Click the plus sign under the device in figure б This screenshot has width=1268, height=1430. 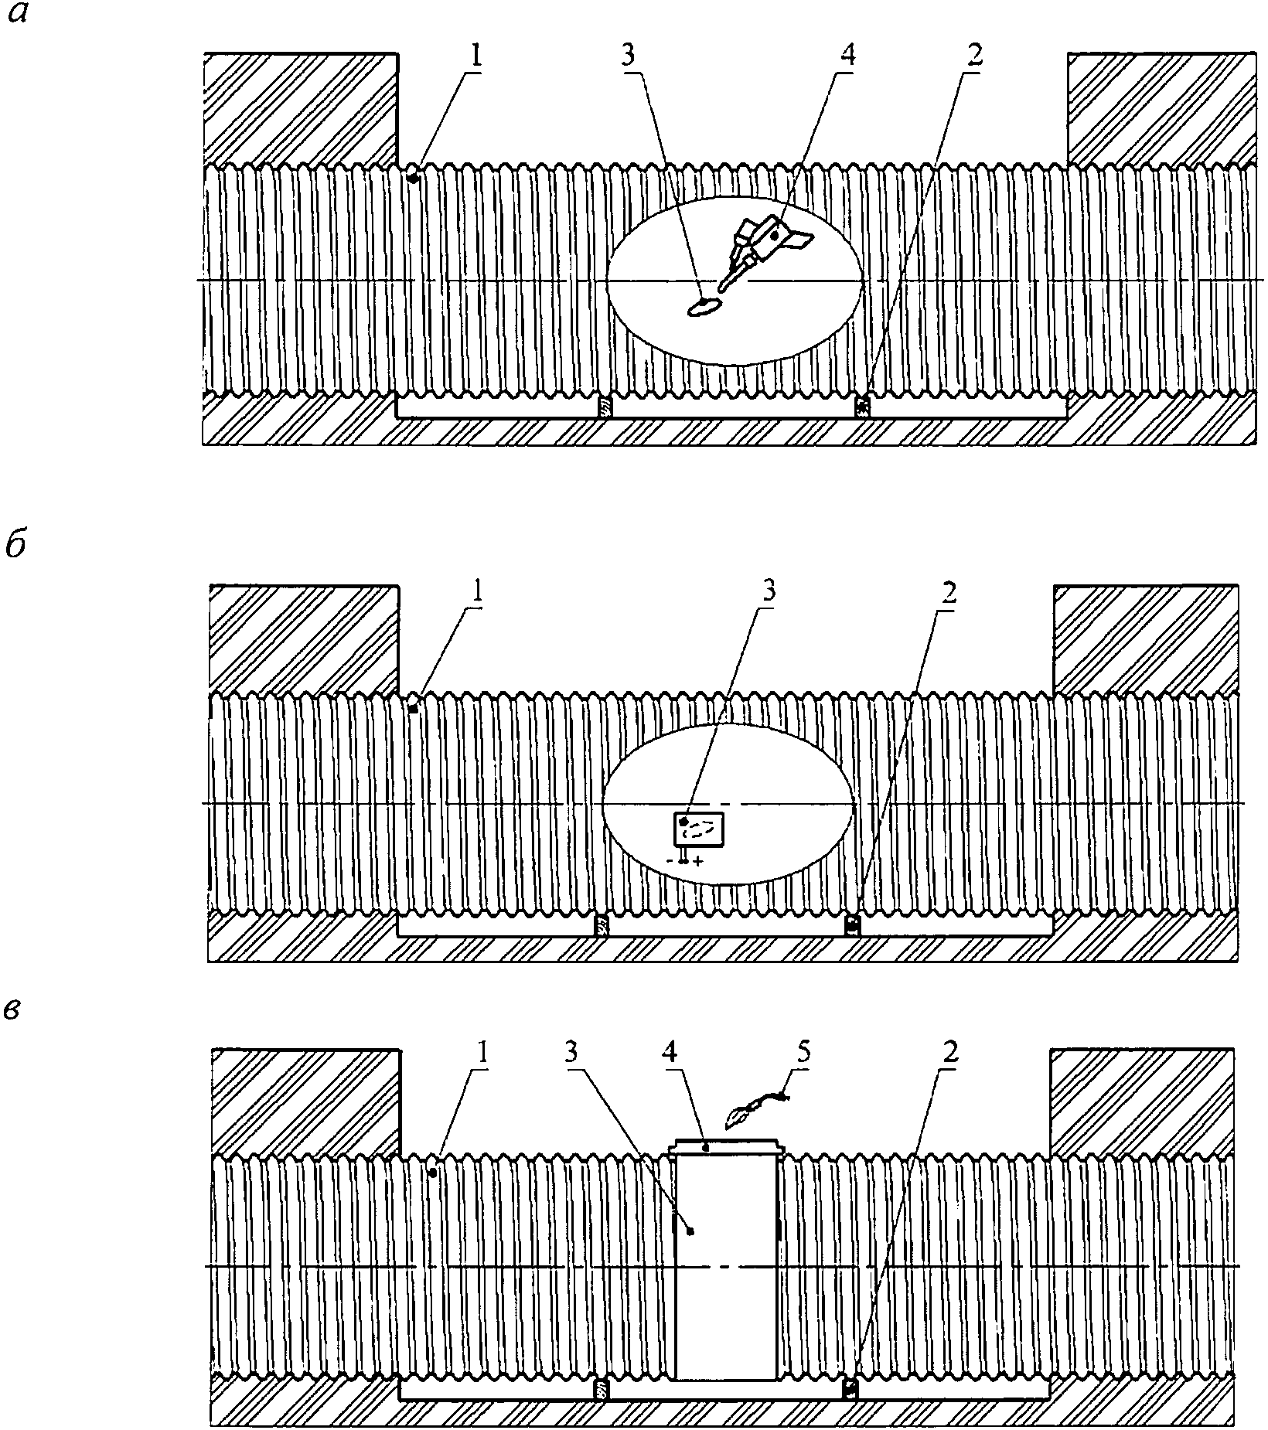point(698,861)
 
